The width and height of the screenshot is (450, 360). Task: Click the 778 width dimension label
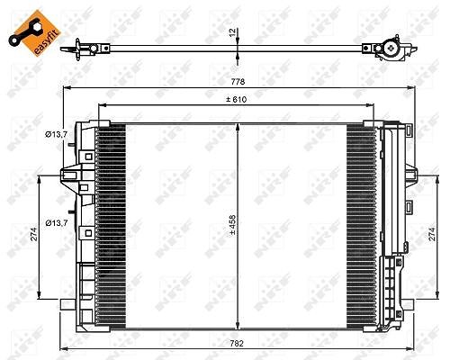[238, 81]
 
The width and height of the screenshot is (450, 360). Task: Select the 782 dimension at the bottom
[237, 343]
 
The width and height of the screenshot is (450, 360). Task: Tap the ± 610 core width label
[237, 99]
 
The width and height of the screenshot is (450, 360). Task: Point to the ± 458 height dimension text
[233, 225]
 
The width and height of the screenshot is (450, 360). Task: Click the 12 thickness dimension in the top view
[232, 32]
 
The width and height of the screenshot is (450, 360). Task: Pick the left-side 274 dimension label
[33, 234]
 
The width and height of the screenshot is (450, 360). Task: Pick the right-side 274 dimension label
[432, 234]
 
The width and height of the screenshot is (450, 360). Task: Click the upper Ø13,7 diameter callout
[56, 135]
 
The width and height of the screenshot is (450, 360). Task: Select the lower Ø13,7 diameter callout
[56, 223]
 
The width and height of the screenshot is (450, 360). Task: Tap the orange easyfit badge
[35, 33]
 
